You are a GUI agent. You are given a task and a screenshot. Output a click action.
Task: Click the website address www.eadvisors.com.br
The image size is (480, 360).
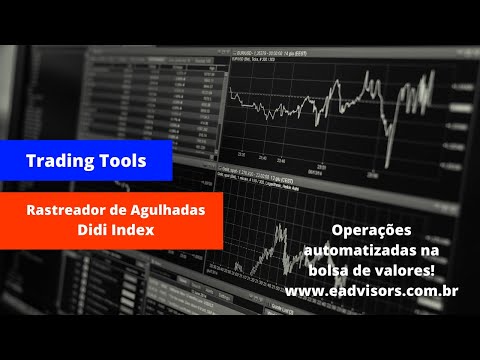371,291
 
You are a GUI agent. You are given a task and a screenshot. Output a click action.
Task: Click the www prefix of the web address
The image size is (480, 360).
302,291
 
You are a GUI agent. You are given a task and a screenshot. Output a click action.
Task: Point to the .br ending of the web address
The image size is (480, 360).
448,291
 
